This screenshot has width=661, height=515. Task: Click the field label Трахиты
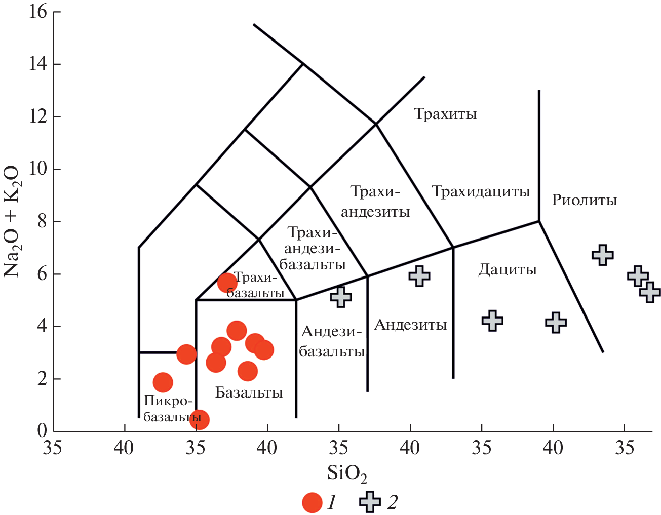coord(445,114)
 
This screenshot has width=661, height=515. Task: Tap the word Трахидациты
coord(481,191)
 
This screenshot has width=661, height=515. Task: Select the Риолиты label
coord(584,200)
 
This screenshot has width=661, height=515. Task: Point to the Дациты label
coord(507,269)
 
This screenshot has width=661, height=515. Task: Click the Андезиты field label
coord(410,325)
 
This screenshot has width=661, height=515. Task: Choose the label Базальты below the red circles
coord(249,392)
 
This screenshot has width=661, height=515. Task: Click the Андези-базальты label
coord(332,341)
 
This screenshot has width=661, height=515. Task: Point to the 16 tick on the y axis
coord(38,11)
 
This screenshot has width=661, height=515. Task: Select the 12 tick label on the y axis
coord(38,116)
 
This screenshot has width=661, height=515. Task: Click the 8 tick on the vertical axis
coord(42,221)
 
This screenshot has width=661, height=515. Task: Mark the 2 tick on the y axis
coord(42,379)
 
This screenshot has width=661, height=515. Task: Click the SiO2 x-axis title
coord(346,473)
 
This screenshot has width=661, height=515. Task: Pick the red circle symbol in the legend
coord(312,502)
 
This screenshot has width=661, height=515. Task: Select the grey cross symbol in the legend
coord(370,502)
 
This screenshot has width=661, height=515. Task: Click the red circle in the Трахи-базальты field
coord(227,283)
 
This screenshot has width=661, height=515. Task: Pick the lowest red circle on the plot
coord(199,419)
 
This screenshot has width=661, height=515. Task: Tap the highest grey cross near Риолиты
coord(602,255)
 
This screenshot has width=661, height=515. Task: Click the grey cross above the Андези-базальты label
coord(341,297)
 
